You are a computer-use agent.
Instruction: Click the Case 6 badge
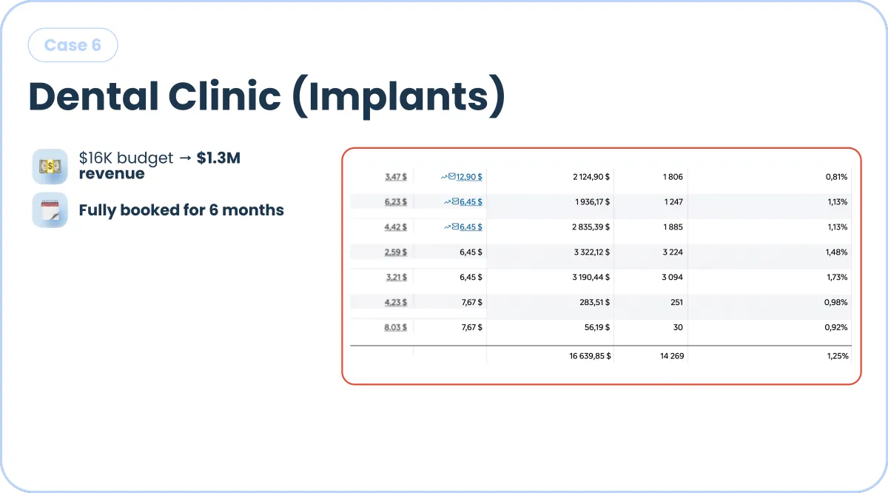[73, 45]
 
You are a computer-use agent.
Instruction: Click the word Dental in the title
[93, 96]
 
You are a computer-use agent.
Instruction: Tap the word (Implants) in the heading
[399, 97]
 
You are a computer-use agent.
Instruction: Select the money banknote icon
[50, 167]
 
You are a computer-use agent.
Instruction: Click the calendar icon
[50, 209]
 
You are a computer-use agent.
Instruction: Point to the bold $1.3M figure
[218, 158]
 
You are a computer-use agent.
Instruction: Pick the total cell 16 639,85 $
[590, 356]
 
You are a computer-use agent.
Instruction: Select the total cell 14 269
[672, 356]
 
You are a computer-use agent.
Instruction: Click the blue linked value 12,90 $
[469, 177]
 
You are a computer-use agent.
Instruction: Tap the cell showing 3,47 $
[396, 177]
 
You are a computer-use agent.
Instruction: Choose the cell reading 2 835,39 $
[591, 227]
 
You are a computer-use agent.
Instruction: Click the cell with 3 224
[673, 252]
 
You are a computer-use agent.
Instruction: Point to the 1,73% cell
[837, 278]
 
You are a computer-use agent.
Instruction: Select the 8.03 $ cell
[396, 328]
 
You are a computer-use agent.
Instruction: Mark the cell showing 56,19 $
[597, 328]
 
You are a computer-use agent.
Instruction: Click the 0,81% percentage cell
[836, 177]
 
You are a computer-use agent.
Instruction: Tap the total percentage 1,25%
[838, 356]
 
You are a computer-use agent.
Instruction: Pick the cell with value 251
[676, 302]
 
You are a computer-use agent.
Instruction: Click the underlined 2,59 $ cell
[396, 252]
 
